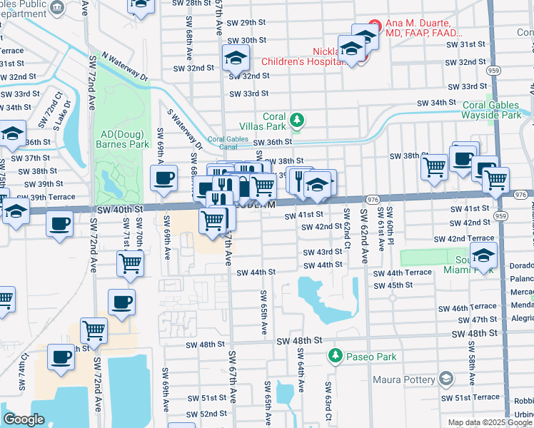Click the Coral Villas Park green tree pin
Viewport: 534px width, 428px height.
point(299,118)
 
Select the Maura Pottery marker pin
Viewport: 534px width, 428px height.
point(446,377)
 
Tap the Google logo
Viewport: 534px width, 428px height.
point(24,419)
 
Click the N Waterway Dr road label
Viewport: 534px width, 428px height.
point(124,65)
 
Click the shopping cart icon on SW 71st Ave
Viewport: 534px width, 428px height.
point(130,263)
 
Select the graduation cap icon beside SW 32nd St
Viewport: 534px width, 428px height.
point(235,58)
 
